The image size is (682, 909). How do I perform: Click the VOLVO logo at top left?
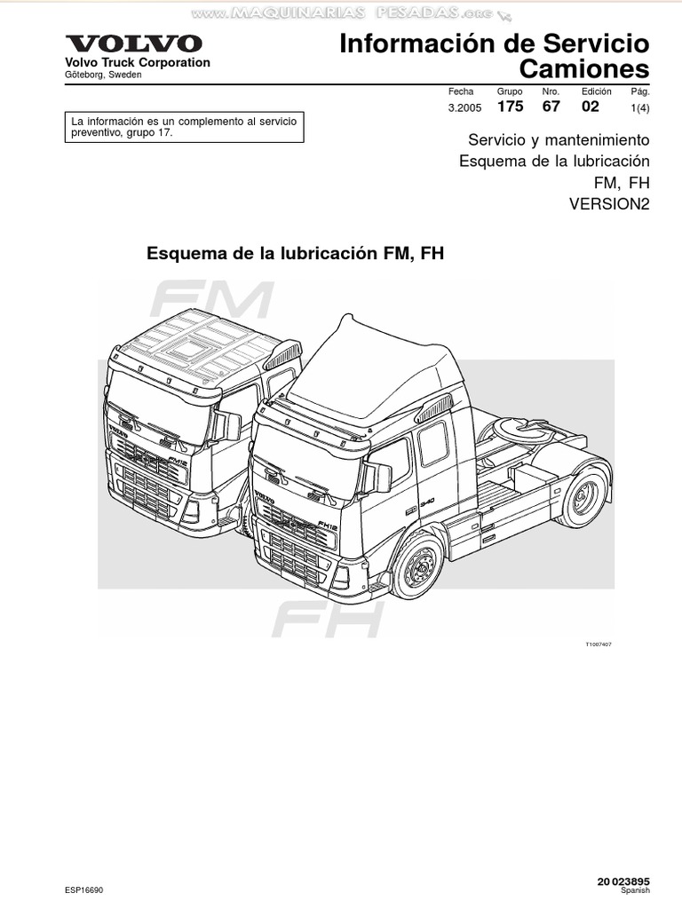pos(133,43)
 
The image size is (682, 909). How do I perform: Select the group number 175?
pos(510,107)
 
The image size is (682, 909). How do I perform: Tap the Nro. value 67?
pos(551,107)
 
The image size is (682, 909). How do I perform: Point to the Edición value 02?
pos(591,107)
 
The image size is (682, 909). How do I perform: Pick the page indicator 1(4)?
pos(639,107)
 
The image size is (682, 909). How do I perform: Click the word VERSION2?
pos(609,203)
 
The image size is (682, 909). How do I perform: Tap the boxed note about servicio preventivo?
pos(185,127)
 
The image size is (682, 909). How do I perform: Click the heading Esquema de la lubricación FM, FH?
pos(294,253)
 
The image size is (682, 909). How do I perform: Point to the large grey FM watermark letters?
pos(210,302)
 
